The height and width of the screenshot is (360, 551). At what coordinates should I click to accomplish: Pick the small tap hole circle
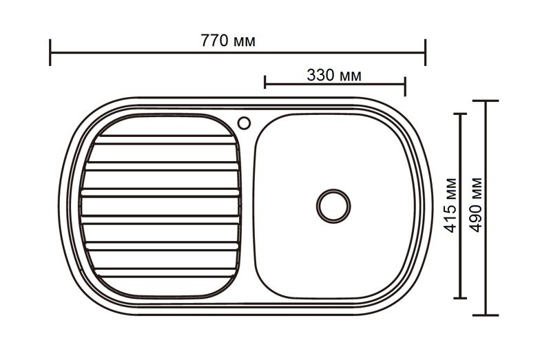[243, 123]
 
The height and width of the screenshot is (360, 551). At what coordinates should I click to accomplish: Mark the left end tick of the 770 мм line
[50, 52]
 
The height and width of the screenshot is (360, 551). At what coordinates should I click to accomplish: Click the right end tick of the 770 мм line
[425, 52]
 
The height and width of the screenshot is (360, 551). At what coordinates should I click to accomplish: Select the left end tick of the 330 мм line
[265, 83]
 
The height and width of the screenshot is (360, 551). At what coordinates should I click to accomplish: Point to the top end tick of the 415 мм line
[462, 114]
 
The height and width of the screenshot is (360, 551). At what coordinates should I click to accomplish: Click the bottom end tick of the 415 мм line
[462, 298]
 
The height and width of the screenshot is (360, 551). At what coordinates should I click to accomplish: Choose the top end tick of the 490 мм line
[488, 101]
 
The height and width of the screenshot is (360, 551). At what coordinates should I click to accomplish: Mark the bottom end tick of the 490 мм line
[488, 315]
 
